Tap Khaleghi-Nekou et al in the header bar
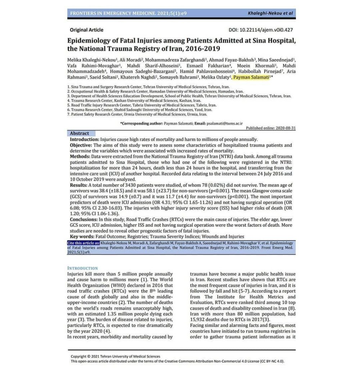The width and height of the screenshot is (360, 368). (x=270, y=14)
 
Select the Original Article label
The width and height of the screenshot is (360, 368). (x=86, y=30)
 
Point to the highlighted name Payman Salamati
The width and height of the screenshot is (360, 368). (x=251, y=77)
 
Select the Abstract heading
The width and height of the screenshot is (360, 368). (x=79, y=133)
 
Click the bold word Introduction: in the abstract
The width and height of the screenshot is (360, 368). (x=85, y=139)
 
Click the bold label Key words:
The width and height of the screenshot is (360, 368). (x=82, y=236)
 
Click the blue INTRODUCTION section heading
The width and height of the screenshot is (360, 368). (x=82, y=268)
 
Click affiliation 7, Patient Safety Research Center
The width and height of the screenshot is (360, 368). (x=137, y=114)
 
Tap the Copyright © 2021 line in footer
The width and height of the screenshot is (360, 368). (x=115, y=356)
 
